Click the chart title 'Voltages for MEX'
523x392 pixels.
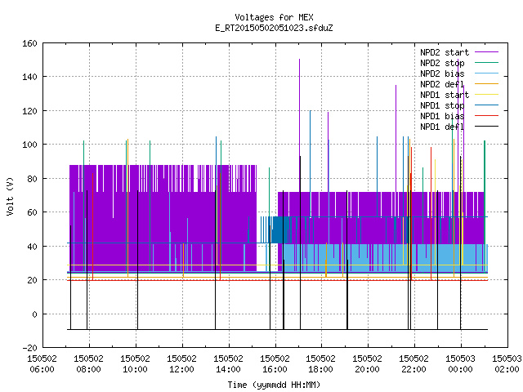[274, 17]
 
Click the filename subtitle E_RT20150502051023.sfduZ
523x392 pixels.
[274, 28]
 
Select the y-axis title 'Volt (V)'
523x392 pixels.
[10, 196]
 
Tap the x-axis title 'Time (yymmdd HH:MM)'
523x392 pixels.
[274, 385]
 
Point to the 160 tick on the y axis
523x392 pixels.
[29, 43]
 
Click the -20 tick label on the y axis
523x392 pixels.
[29, 348]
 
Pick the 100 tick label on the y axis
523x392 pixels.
[29, 145]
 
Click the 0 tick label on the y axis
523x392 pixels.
[34, 314]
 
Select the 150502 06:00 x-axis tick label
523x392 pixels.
[42, 363]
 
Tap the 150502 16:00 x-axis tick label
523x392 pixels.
[275, 363]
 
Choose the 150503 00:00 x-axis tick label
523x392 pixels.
[460, 363]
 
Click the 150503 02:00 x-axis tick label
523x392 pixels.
[507, 363]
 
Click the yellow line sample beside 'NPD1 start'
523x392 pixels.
[486, 95]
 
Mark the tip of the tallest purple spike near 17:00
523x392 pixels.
[300, 60]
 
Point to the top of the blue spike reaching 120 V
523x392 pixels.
[311, 111]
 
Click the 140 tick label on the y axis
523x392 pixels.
[29, 77]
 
